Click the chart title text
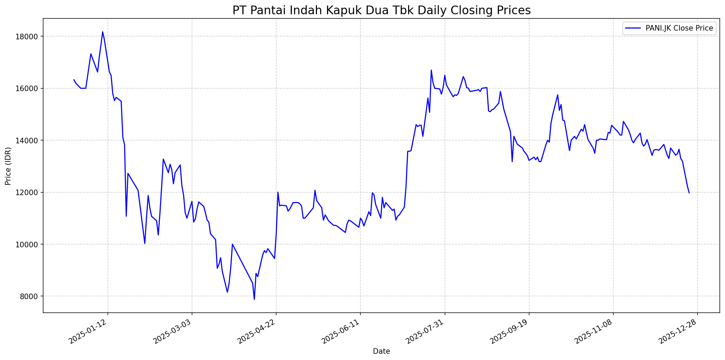[381, 10]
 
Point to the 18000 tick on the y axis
[30, 37]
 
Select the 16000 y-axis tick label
[30, 88]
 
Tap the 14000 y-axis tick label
[30, 141]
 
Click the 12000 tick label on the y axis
[30, 192]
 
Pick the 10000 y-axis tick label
[30, 245]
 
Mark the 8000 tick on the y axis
[32, 296]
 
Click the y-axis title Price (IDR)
[8, 166]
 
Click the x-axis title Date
[381, 351]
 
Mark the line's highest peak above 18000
[103, 32]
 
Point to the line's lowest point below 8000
[254, 299]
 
